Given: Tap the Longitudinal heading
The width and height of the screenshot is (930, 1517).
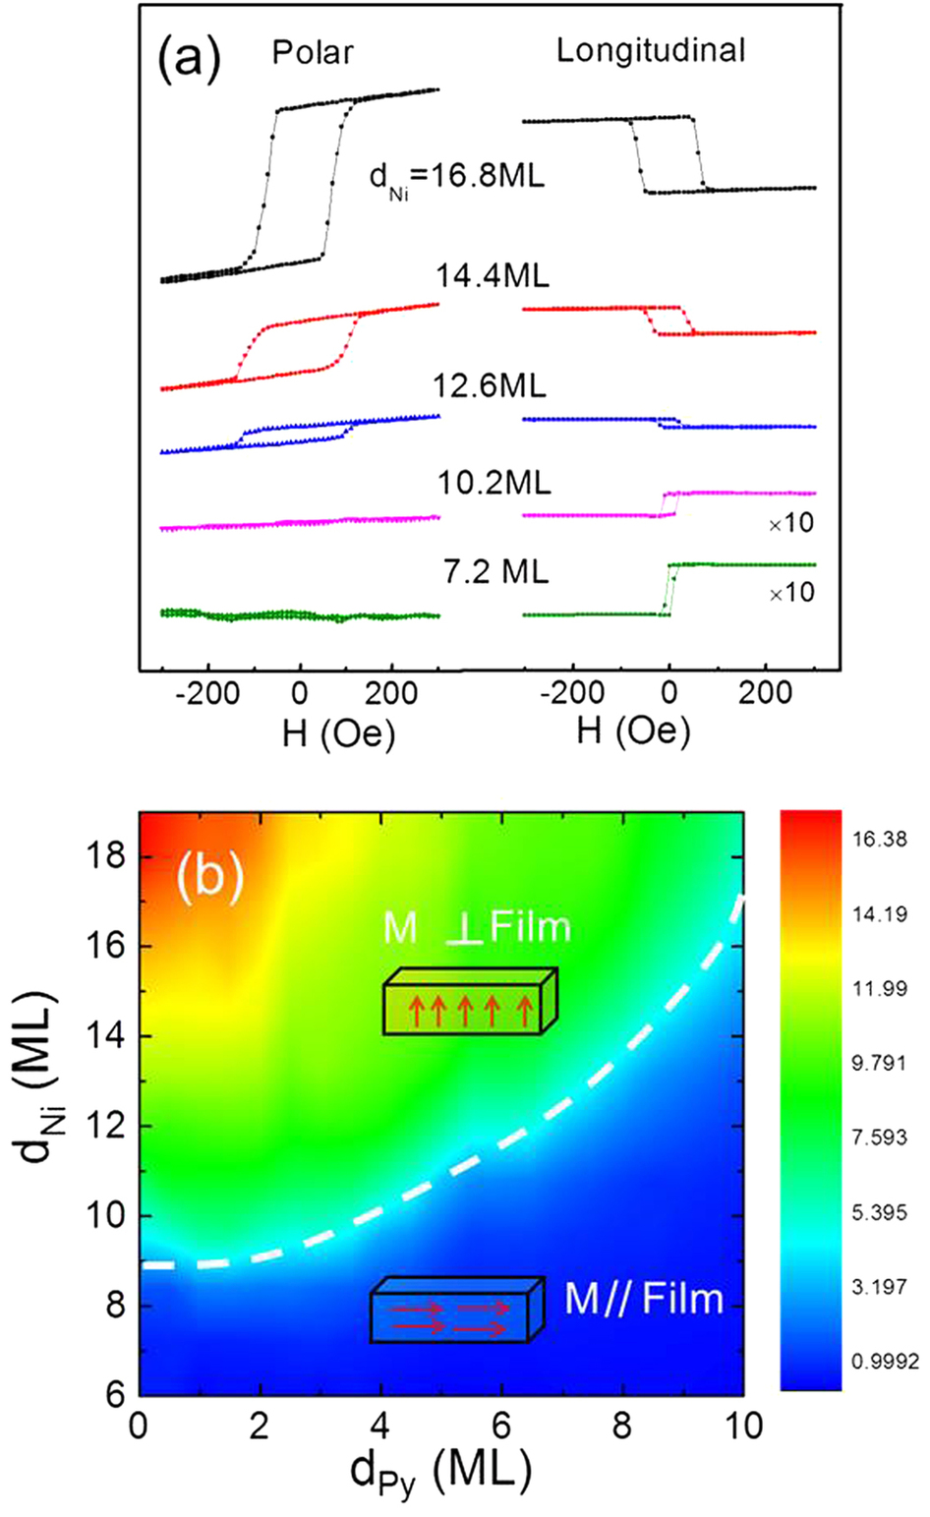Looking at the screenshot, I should coord(651,51).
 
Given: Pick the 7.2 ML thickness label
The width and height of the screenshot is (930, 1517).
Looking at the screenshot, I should coord(494,570).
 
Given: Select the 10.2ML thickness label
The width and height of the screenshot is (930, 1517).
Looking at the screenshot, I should coord(494,482).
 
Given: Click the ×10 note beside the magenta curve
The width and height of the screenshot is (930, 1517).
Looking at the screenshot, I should coord(791,523).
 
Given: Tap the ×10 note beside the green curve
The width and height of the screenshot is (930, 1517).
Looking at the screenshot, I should coord(791,593).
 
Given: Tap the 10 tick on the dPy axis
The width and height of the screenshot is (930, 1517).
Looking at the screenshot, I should coord(742,1425).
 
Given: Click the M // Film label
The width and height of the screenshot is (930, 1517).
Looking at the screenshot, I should coord(643,1300).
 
